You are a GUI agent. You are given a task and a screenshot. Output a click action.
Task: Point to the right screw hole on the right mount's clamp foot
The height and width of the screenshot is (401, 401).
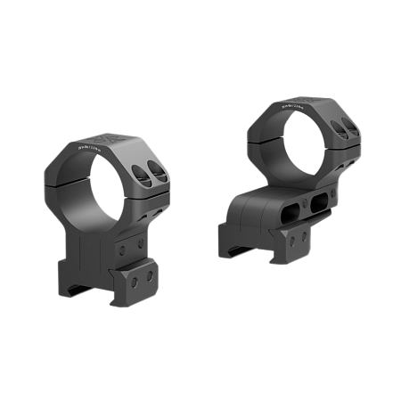pyautogui.click(x=305, y=233)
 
